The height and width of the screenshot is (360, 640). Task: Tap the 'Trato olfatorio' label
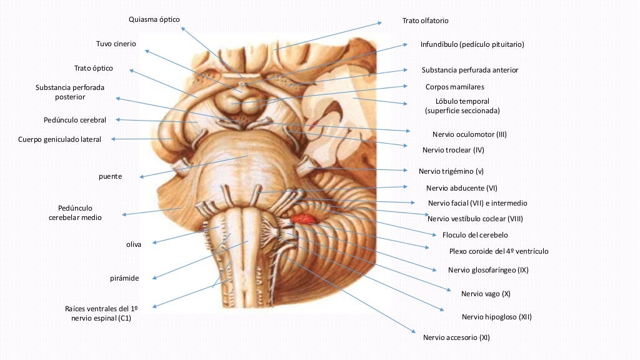tap(425, 21)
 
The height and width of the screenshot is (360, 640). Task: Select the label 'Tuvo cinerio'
tap(116, 44)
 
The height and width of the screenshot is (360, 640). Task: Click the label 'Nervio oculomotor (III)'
tap(469, 134)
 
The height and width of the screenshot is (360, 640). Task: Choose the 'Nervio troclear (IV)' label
tap(453, 150)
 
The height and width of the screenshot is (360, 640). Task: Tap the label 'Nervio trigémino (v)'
tap(451, 171)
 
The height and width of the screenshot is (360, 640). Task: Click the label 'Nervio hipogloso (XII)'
tap(496, 317)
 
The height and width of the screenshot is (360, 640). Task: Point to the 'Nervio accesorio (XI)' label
tap(456, 337)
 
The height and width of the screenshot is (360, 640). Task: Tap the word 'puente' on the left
tap(110, 176)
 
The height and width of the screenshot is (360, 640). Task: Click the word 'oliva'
tap(133, 244)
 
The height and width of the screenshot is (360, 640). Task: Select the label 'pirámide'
tap(124, 278)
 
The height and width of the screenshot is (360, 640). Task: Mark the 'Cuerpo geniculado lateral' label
tap(59, 139)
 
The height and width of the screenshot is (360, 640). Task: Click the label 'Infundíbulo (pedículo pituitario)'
tap(472, 44)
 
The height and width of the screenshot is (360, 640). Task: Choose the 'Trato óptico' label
tap(94, 68)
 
